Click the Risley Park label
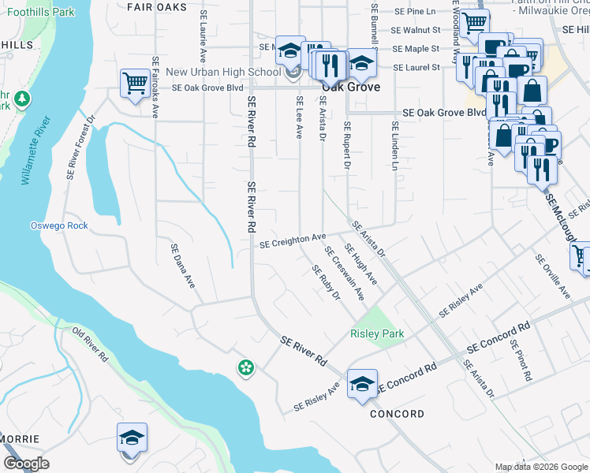point(377,333)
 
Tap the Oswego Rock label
point(59,225)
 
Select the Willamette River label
point(35,150)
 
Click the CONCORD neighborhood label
point(397,414)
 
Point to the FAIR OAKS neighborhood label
point(157,6)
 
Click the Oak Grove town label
point(349,88)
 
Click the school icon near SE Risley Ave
point(362,385)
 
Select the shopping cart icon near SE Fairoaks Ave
point(136,84)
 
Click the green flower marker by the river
point(246,367)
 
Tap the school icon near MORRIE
point(132,439)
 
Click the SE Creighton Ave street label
point(293,239)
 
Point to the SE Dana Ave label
point(182,266)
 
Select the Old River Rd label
point(90,345)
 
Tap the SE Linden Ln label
point(394,146)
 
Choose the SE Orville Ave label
point(551,276)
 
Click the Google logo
point(26,464)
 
